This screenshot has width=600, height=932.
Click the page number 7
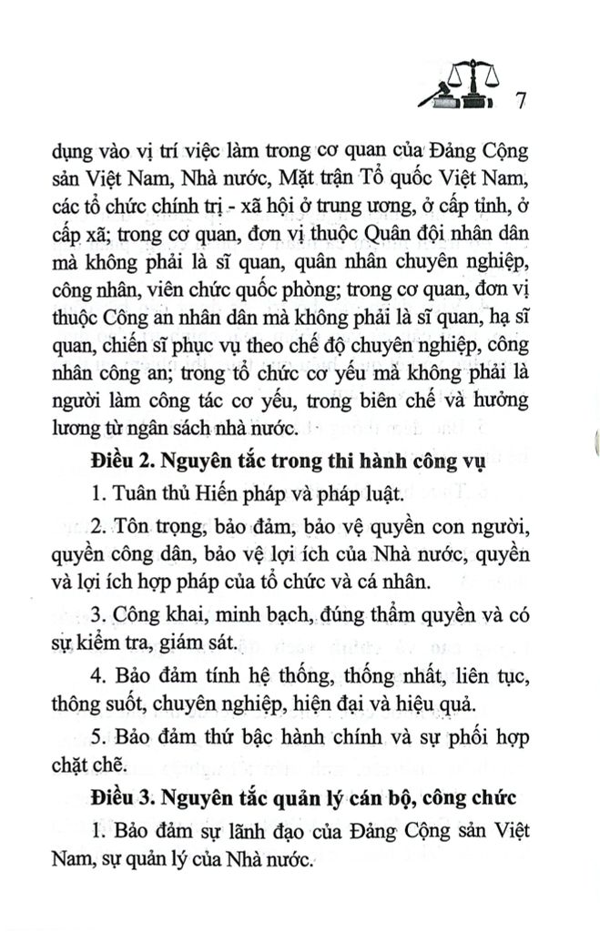click(522, 101)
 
